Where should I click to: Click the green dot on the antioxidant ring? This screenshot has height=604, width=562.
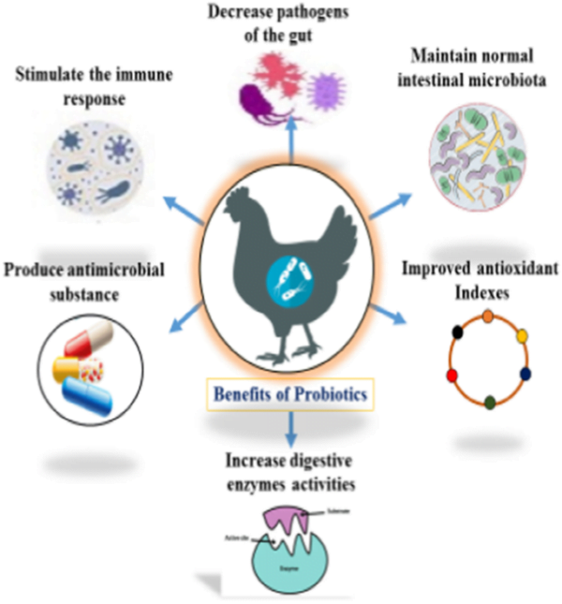[x=489, y=403]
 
